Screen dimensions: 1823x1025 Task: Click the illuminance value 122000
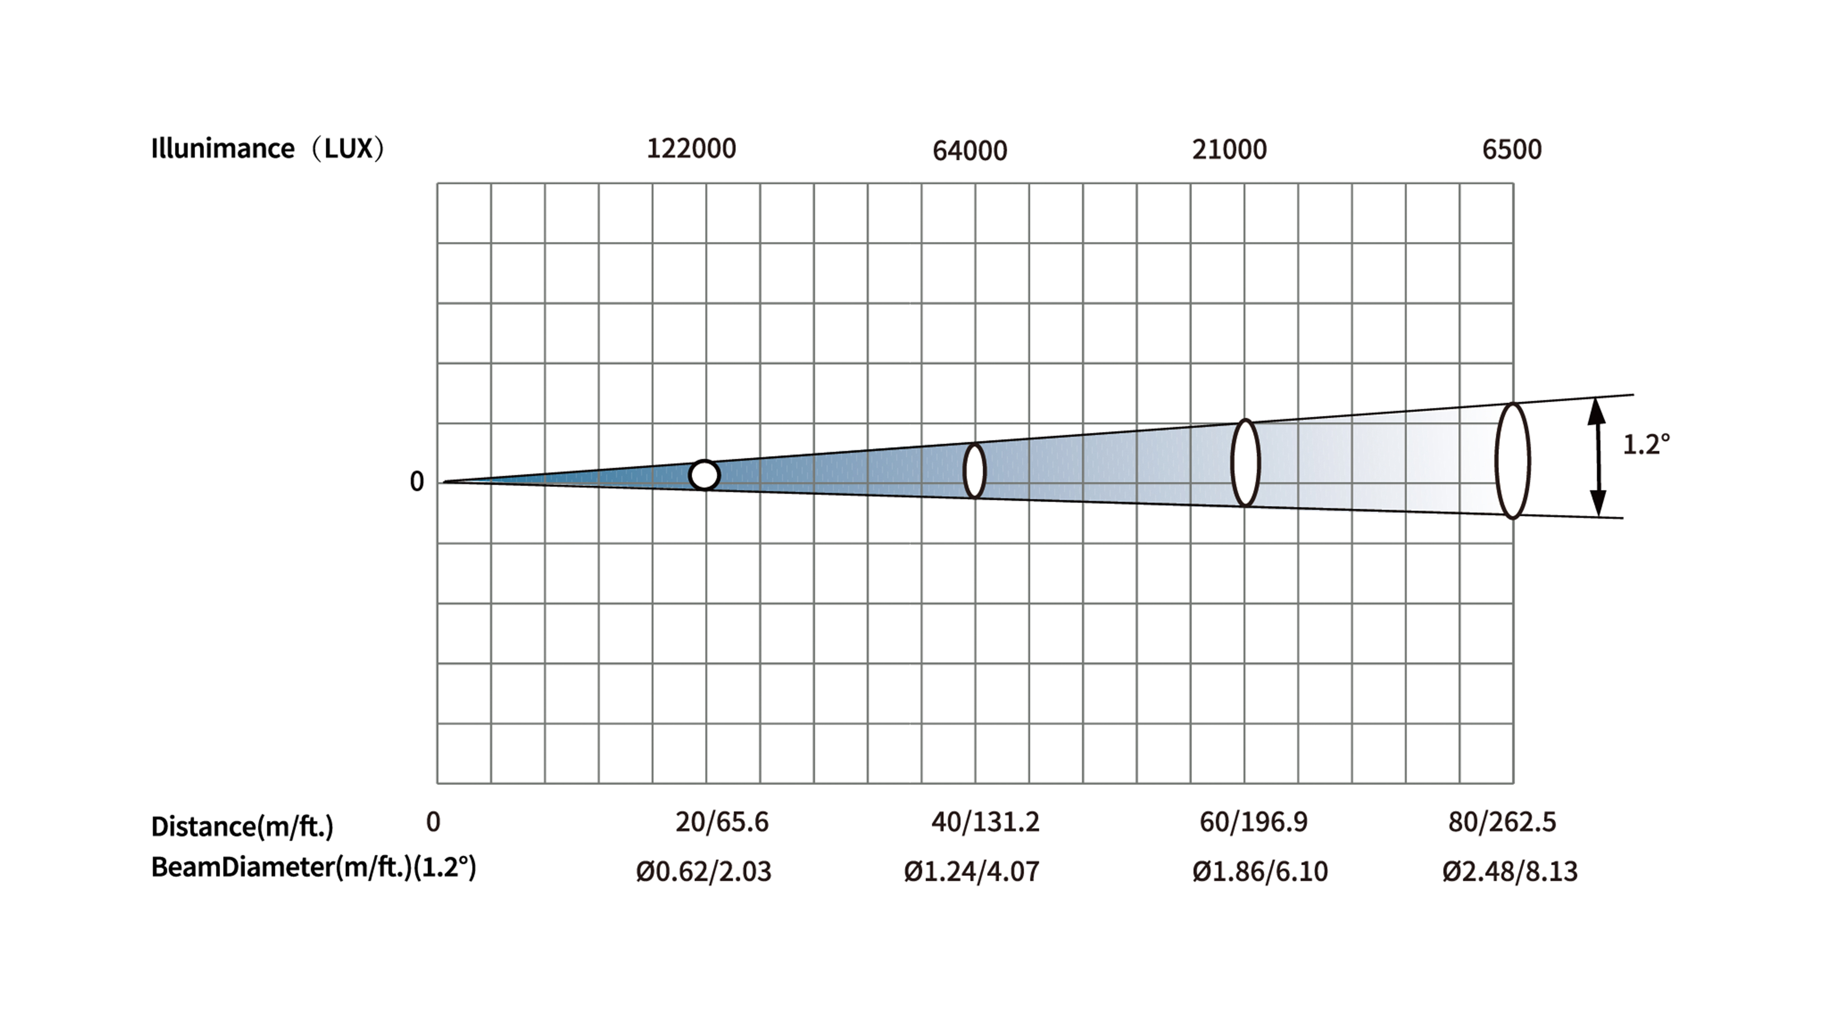pos(691,149)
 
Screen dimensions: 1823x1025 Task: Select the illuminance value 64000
pos(970,151)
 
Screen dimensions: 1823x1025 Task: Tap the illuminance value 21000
pos(1229,150)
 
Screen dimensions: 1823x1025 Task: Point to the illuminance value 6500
pos(1512,150)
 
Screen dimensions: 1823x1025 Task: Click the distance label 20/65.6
pos(722,822)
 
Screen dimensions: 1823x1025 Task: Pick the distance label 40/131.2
pos(985,822)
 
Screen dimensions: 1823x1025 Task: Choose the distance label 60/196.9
pos(1253,822)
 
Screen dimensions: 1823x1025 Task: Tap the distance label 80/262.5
pos(1502,822)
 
